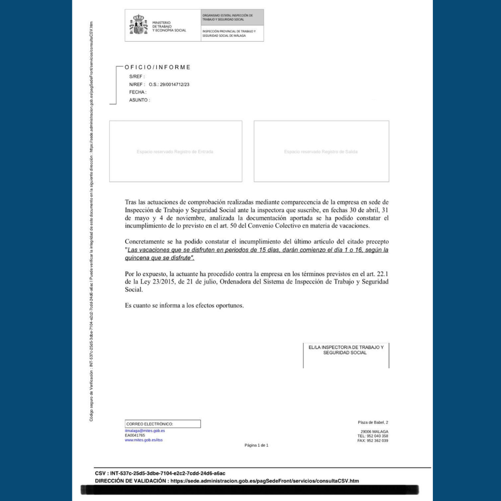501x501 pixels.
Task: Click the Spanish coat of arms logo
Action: (x=138, y=25)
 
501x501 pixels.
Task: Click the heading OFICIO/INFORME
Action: (x=158, y=67)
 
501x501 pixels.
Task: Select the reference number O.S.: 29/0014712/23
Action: (x=169, y=84)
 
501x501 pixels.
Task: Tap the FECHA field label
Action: (x=137, y=92)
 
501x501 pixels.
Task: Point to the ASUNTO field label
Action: (x=139, y=100)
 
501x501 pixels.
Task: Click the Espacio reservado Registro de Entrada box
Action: (x=175, y=151)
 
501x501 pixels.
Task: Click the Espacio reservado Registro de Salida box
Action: (x=321, y=151)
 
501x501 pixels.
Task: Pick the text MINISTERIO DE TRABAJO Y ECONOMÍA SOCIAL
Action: (x=169, y=26)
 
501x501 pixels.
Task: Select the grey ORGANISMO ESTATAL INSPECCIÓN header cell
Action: (x=232, y=17)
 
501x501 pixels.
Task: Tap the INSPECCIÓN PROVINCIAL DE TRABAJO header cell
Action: (x=232, y=33)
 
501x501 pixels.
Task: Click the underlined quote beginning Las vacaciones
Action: (x=256, y=254)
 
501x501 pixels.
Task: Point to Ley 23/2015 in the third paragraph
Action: (x=164, y=282)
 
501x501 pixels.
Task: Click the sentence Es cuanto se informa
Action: (x=184, y=305)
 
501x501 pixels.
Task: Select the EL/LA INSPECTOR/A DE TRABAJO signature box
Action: (x=346, y=355)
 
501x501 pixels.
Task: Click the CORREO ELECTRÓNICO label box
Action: (x=162, y=424)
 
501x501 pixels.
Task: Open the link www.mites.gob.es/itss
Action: (x=143, y=440)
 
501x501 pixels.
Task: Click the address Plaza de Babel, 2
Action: (x=373, y=422)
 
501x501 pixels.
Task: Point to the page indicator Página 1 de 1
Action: (x=256, y=445)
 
